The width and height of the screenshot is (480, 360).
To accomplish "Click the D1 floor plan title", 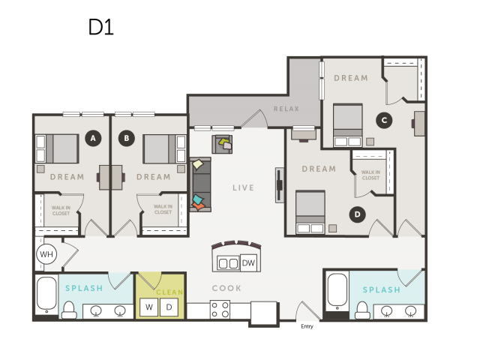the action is tap(101, 27).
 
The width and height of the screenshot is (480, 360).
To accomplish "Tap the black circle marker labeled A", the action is tap(93, 138).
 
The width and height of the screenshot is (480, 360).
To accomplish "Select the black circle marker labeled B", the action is tap(127, 138).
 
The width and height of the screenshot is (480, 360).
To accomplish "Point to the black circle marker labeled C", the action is tap(384, 120).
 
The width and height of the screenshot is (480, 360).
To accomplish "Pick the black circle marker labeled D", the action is tap(357, 214).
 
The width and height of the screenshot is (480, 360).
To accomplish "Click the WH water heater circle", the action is tap(46, 254).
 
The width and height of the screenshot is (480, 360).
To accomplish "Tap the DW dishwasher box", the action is tap(248, 262).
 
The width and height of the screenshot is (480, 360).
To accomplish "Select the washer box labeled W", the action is tap(149, 307).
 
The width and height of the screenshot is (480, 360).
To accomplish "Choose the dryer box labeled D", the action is tap(169, 307).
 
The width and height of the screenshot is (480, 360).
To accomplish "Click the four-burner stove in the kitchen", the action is tap(220, 310).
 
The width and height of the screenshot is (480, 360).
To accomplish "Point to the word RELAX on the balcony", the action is tap(286, 109).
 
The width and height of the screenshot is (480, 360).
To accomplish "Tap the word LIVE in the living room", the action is tap(243, 187).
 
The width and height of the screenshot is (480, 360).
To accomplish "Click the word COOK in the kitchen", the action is tap(226, 288).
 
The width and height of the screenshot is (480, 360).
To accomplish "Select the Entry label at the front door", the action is tap(307, 326).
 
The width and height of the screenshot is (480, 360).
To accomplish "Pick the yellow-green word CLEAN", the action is tap(169, 292).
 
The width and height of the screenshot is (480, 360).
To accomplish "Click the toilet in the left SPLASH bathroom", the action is tap(69, 310).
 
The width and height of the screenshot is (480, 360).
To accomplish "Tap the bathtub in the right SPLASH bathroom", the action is tap(337, 291).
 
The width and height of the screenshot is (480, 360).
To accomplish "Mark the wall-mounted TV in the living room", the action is tap(279, 185).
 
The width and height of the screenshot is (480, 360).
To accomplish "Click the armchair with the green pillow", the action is tap(222, 144).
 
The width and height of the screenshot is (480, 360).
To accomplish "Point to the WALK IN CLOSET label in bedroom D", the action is tap(370, 175).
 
